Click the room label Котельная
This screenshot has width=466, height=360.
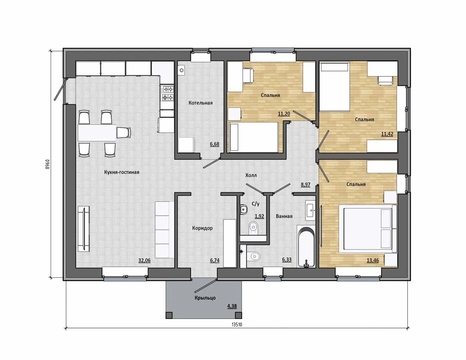coord(201,103)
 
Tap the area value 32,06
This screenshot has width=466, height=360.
coord(144,261)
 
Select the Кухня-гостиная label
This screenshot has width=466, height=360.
coord(122,172)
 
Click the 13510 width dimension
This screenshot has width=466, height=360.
coord(237,330)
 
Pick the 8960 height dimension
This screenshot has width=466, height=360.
coord(48,164)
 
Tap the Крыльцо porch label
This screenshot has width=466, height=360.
coord(205,298)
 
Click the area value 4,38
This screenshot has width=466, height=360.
coord(232,306)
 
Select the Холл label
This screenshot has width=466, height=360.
coord(251,175)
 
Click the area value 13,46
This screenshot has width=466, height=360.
coord(373,260)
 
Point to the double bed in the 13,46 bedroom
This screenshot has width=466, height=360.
coord(368,229)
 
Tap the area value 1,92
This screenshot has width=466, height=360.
coord(259,216)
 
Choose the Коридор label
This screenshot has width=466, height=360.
coord(202,228)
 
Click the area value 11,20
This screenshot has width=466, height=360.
coord(284,114)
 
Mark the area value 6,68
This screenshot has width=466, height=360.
coord(214,144)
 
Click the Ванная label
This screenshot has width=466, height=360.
coord(284,216)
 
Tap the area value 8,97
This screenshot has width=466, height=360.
coord(305,185)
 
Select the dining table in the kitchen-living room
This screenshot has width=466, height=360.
coord(97,133)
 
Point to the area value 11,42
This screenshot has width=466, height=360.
coord(387,134)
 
